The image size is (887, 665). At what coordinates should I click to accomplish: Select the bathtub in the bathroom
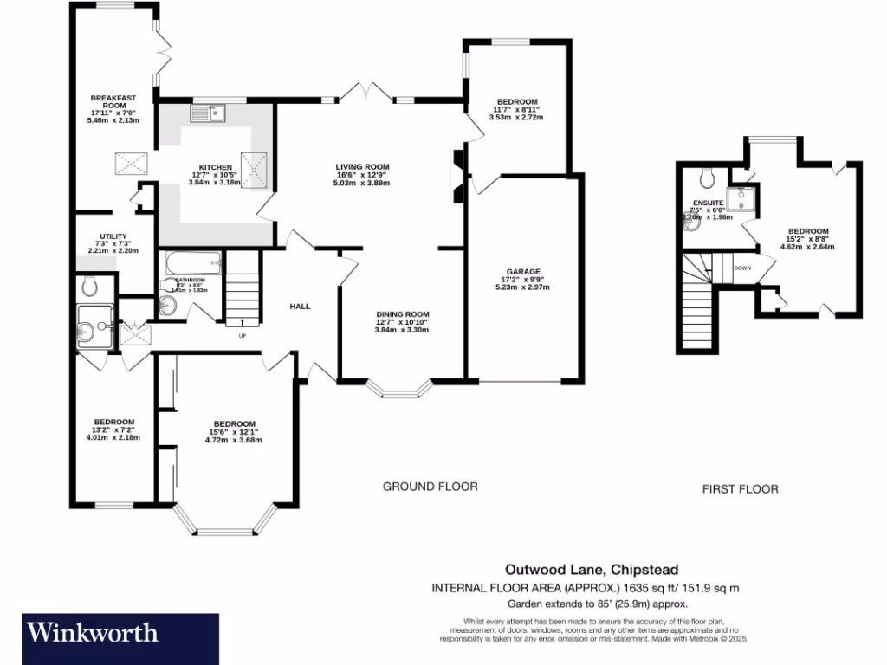(189, 261)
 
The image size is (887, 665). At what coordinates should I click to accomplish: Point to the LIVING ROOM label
(363, 167)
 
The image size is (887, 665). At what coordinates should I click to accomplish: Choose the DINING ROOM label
(402, 314)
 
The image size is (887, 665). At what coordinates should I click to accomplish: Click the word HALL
(300, 306)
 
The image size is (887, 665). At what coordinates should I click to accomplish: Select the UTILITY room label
(113, 236)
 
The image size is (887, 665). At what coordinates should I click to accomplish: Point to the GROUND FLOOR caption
(430, 487)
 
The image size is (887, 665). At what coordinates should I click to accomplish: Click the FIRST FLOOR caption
(740, 489)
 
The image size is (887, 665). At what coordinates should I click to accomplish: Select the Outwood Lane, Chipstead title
(592, 570)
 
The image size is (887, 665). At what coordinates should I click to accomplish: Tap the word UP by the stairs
(242, 335)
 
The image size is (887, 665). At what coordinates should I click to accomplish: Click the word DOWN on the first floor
(741, 268)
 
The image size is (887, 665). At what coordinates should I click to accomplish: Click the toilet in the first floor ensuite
(706, 178)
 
